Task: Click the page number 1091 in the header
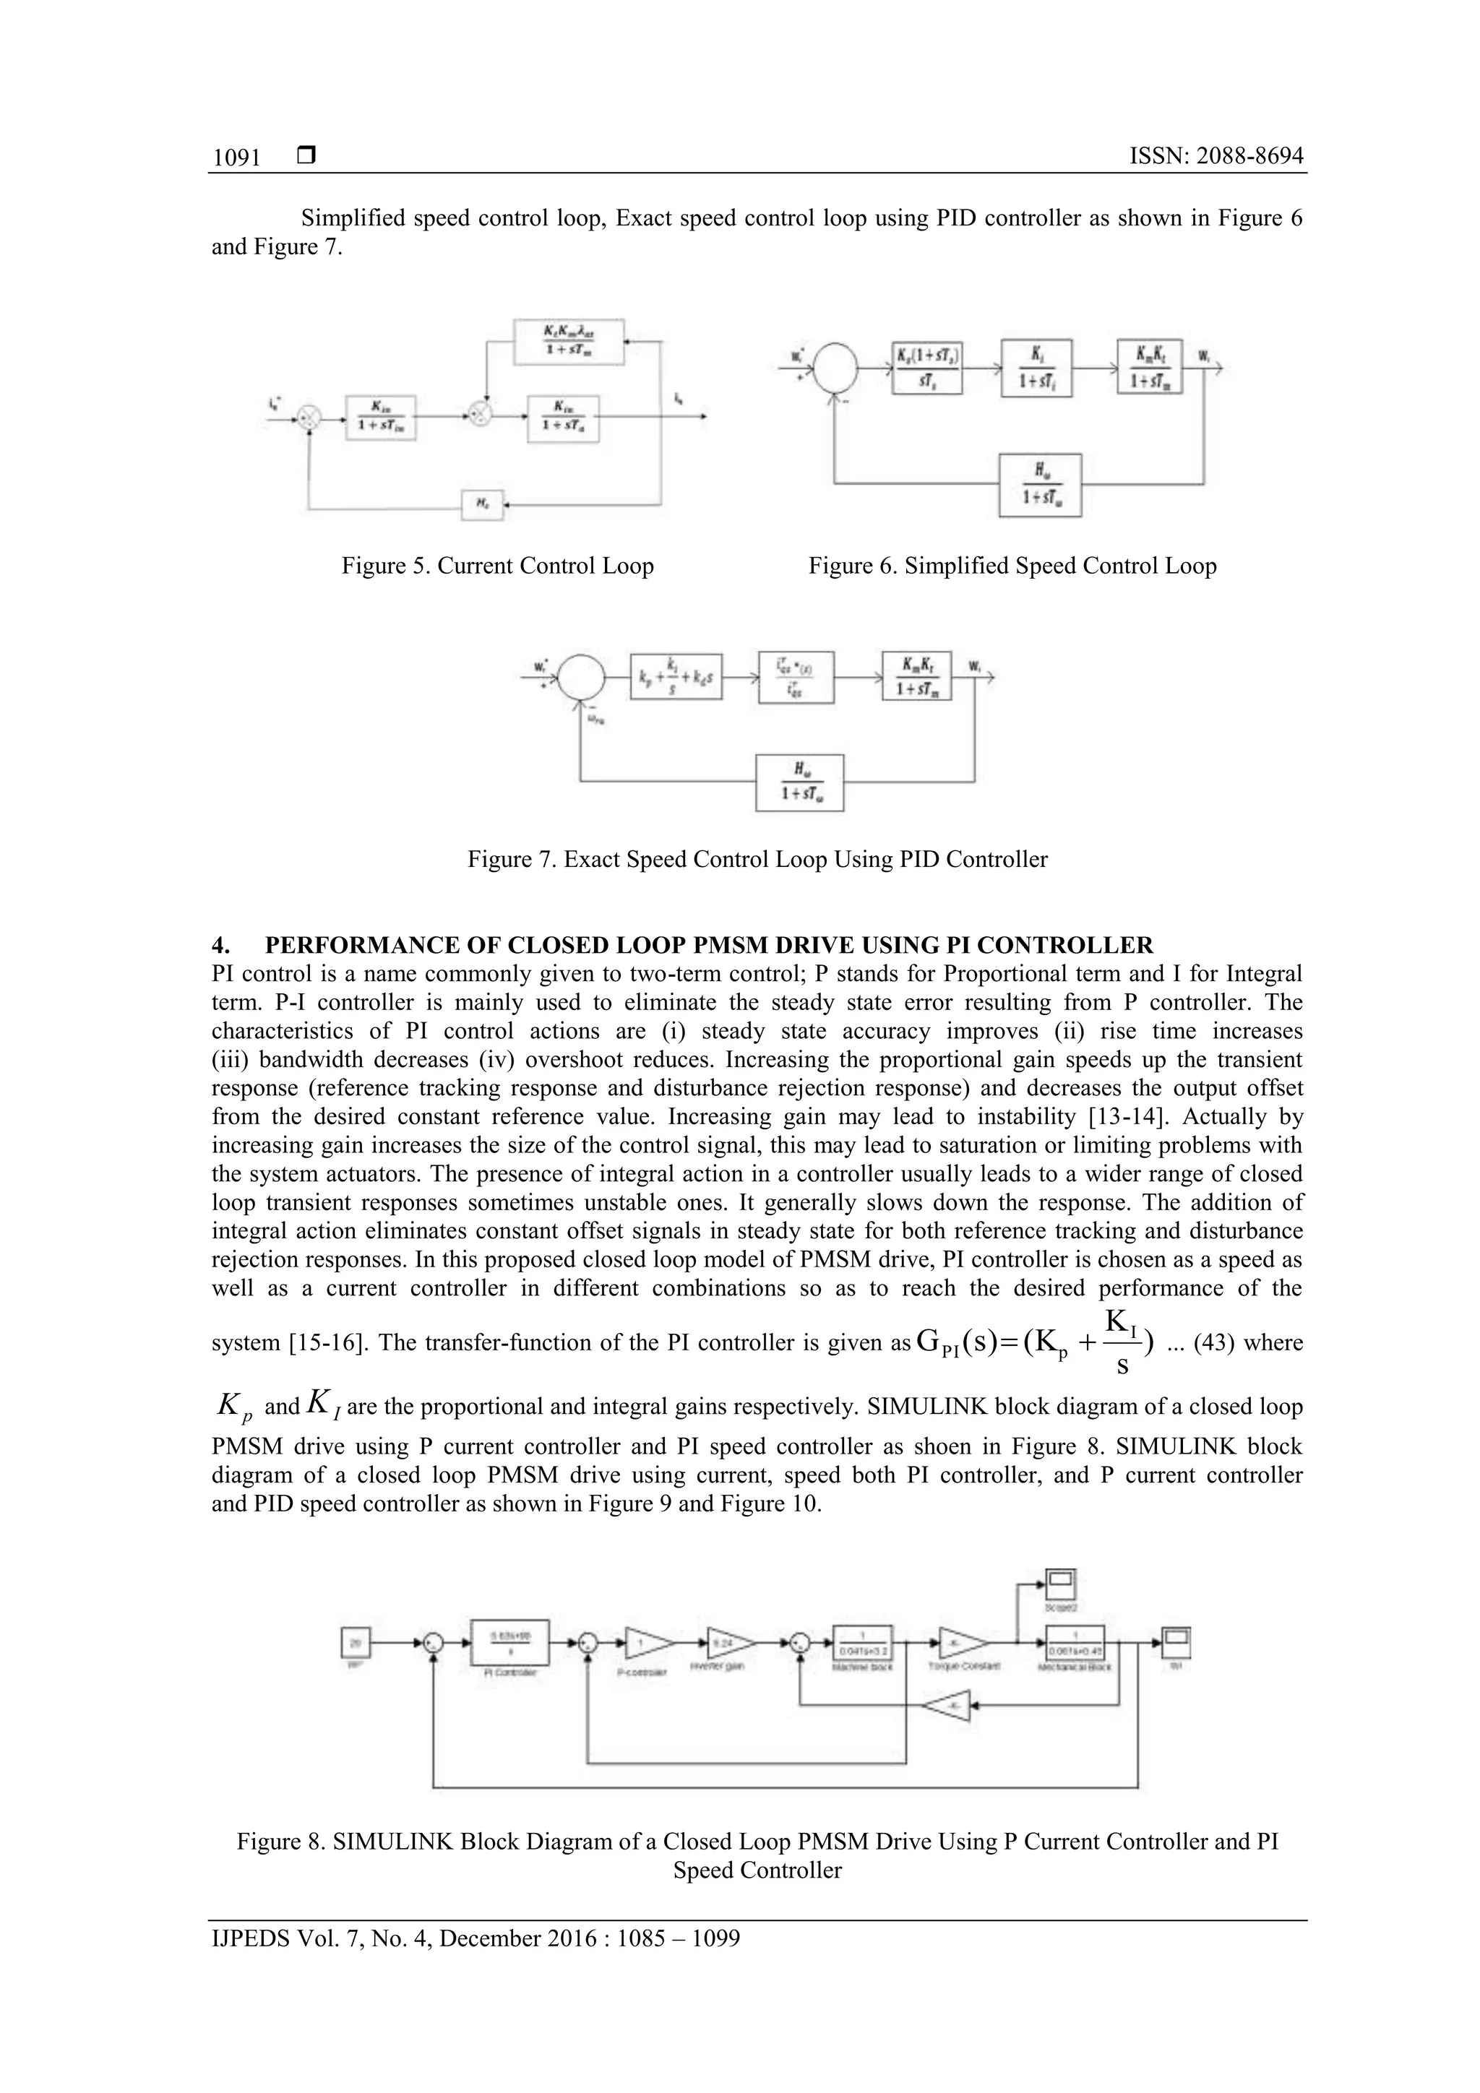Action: [236, 157]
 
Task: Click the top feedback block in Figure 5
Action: [569, 341]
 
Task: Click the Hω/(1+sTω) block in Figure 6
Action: [1040, 485]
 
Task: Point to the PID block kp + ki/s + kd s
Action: [676, 676]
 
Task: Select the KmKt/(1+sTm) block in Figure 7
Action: [916, 676]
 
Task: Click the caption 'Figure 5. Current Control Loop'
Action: [498, 566]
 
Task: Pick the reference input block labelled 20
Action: [355, 1641]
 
